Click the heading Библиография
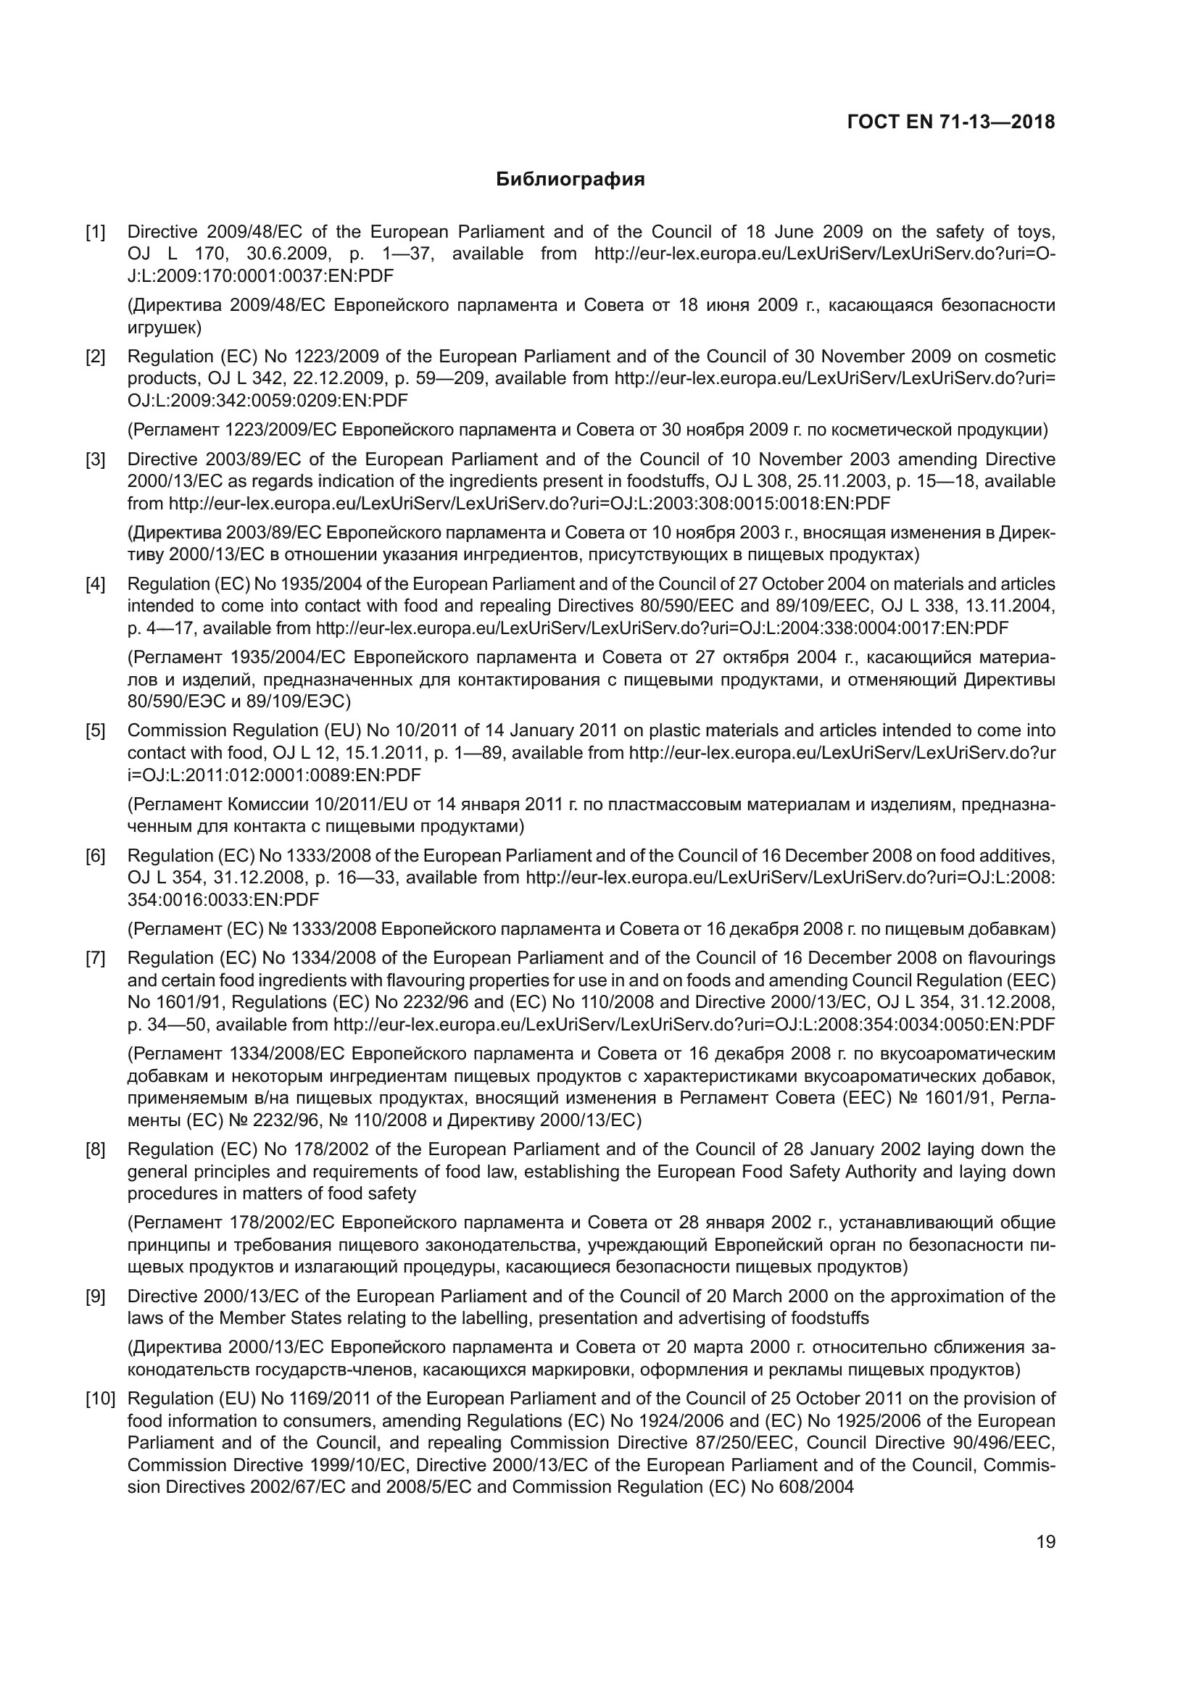point(570,180)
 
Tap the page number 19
point(1045,1542)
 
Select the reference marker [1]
point(95,233)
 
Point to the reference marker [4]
point(95,585)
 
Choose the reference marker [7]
point(95,959)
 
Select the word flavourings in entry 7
point(1010,959)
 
